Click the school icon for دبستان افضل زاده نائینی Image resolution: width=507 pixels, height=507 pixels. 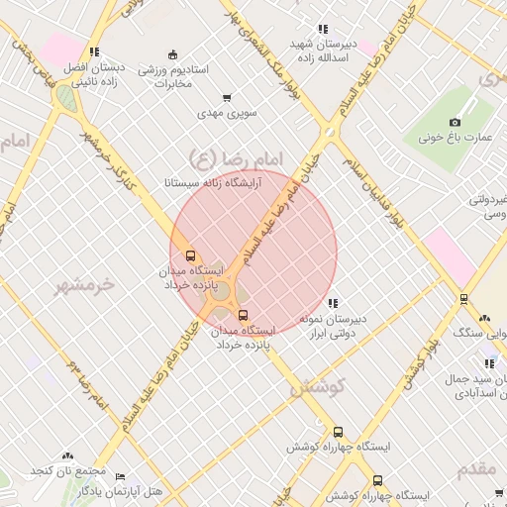point(94,52)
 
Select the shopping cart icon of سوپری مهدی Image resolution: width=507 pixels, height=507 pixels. point(227,98)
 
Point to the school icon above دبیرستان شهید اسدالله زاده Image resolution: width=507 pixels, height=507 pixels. point(322,30)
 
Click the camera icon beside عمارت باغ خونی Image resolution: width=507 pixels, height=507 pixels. point(455,122)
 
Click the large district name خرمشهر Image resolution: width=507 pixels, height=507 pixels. point(86,284)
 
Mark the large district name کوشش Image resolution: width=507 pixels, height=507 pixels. point(319,388)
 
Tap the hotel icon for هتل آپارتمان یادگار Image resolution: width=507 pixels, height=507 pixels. point(121,476)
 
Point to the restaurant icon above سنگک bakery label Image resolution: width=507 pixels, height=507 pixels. point(484,319)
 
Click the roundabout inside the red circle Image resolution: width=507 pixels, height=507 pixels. point(220,290)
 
